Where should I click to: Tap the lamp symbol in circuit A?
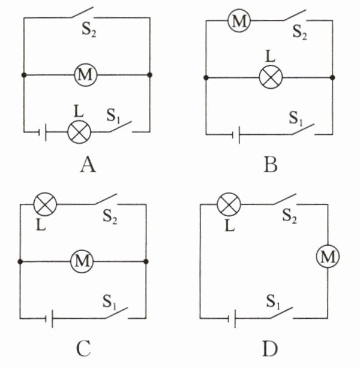[x=77, y=131]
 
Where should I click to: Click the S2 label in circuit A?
[x=89, y=31]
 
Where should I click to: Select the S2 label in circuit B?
[x=300, y=31]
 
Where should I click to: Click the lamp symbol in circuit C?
[x=44, y=204]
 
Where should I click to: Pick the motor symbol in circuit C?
[x=82, y=261]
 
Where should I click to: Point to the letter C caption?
[x=84, y=348]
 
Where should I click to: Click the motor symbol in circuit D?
[x=327, y=257]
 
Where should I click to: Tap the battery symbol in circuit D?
[x=233, y=317]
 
